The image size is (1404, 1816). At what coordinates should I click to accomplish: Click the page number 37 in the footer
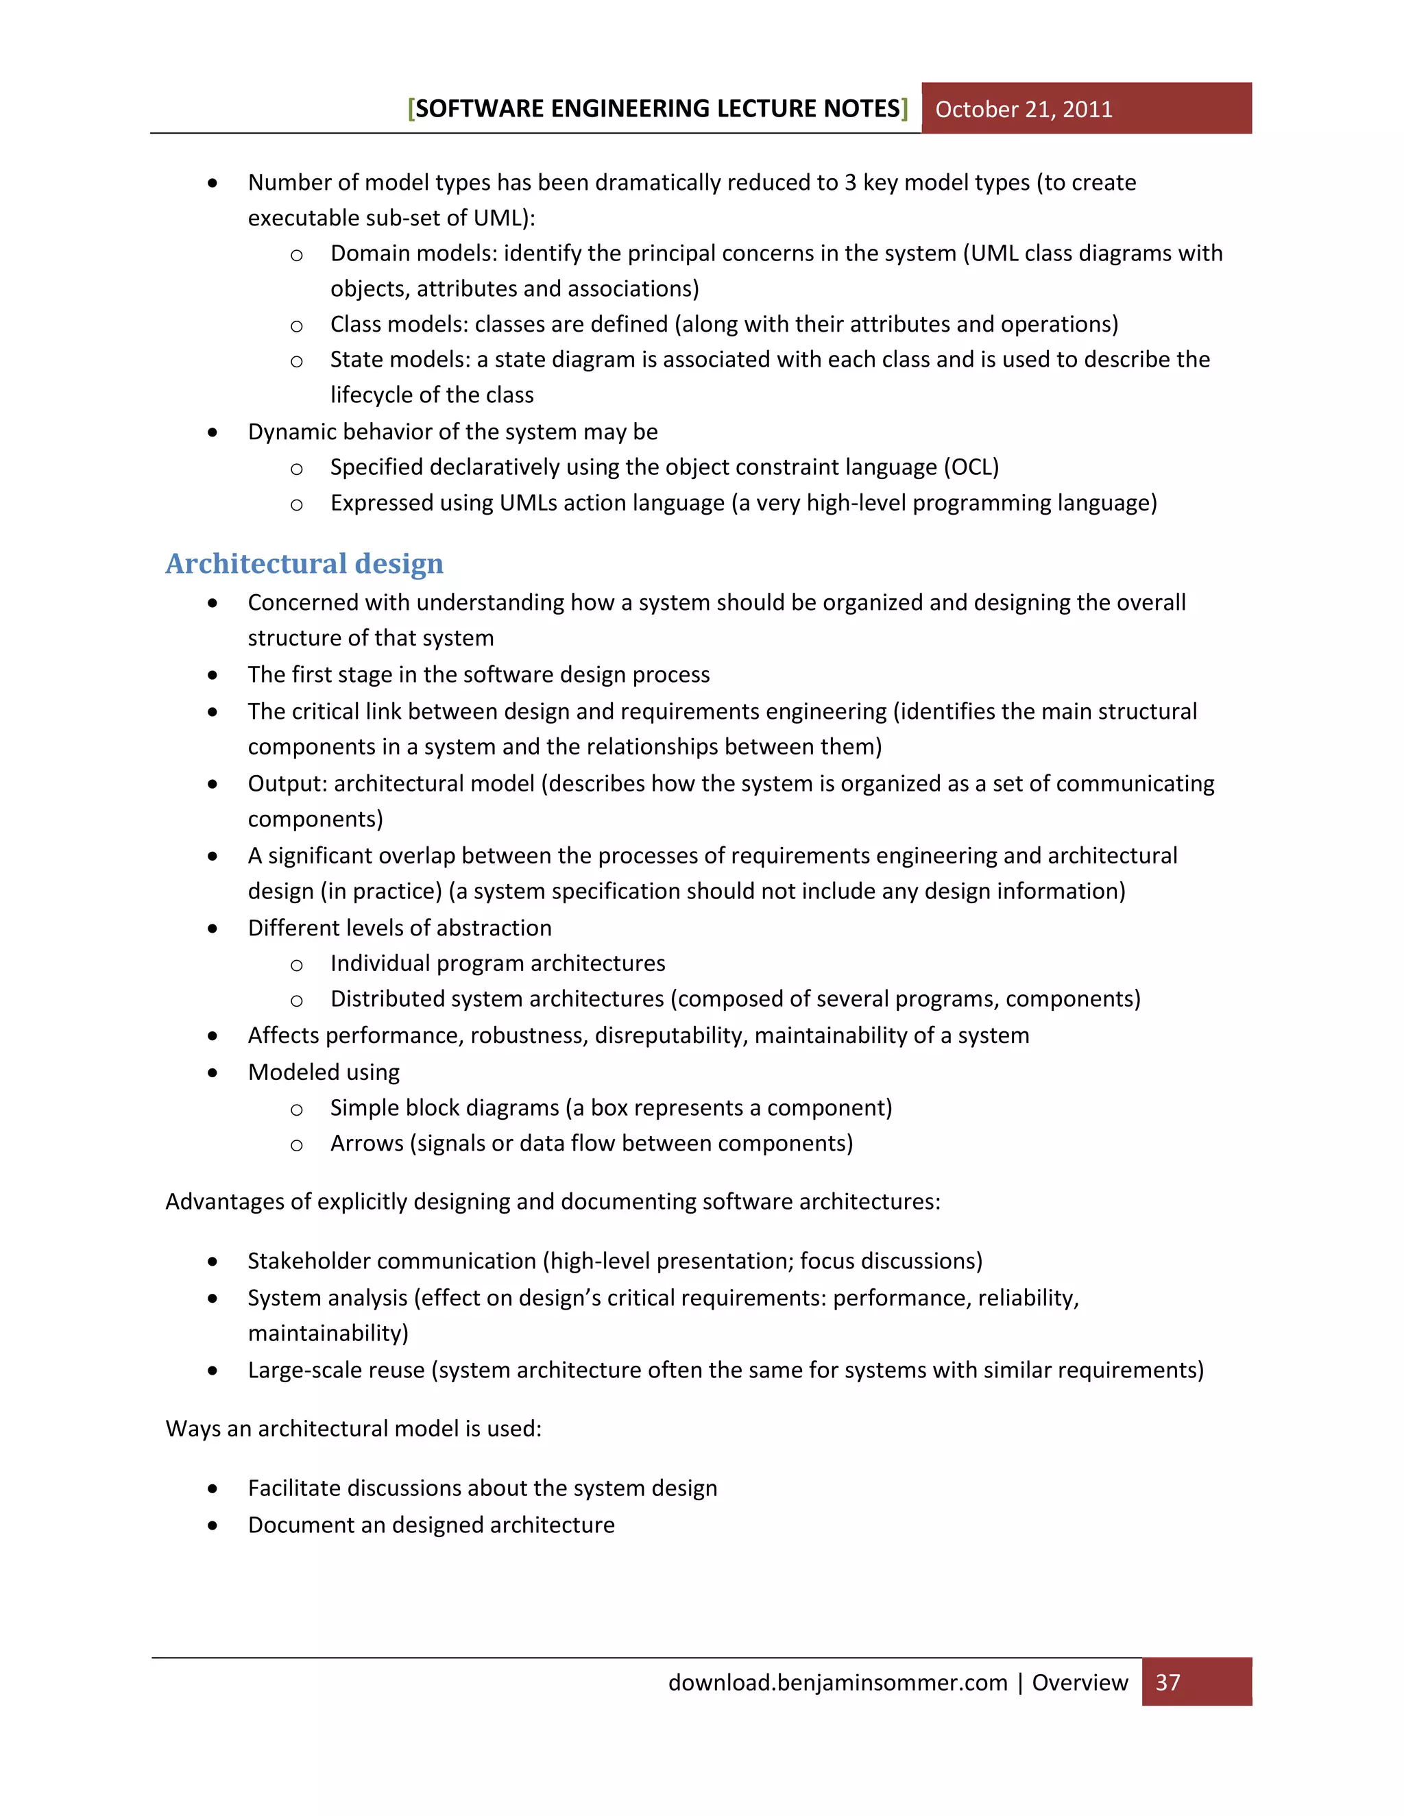pyautogui.click(x=1167, y=1682)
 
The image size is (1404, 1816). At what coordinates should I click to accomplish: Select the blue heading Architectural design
pyautogui.click(x=304, y=564)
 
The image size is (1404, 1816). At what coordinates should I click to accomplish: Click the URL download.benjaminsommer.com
pyautogui.click(x=837, y=1682)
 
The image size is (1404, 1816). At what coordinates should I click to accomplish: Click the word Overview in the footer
pyautogui.click(x=1080, y=1682)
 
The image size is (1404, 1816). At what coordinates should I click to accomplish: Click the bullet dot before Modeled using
pyautogui.click(x=213, y=1072)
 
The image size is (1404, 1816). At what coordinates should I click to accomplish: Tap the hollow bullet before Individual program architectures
pyautogui.click(x=296, y=965)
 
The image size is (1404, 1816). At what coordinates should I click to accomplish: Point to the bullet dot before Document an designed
pyautogui.click(x=213, y=1526)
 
